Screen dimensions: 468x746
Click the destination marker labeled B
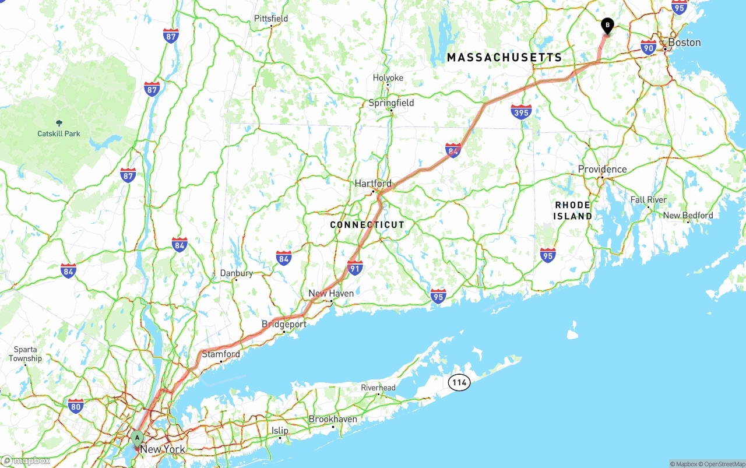coord(607,26)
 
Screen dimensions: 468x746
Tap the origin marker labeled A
coord(137,438)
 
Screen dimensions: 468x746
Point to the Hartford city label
coord(373,184)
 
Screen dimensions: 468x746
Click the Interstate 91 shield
coord(355,268)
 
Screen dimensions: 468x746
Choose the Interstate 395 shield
coord(520,112)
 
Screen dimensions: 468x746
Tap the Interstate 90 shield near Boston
coord(648,48)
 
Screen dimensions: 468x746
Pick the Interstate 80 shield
coord(76,406)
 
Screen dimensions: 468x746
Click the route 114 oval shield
coord(459,382)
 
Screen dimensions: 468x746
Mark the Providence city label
coord(602,170)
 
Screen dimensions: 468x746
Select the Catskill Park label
coord(59,133)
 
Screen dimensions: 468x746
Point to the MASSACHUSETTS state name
coord(504,57)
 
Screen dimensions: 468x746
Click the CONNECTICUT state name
coord(367,225)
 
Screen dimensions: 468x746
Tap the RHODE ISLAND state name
coord(572,210)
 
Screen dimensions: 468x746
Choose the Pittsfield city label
coord(271,19)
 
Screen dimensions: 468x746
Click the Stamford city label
coord(221,354)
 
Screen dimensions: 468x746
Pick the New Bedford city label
coord(688,216)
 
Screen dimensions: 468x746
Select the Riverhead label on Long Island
coord(378,388)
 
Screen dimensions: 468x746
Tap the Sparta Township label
coord(25,354)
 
